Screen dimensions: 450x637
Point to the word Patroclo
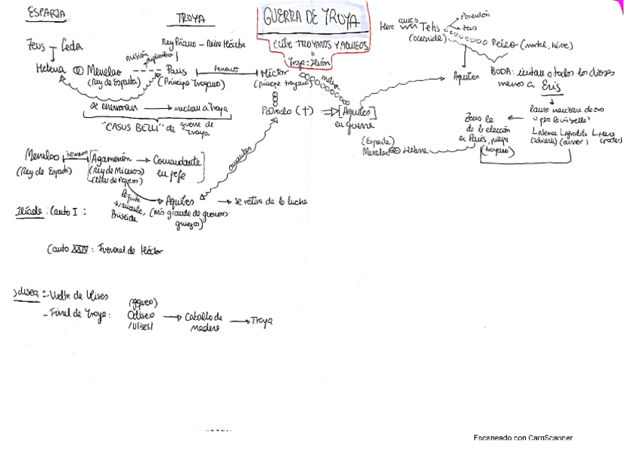point(271,110)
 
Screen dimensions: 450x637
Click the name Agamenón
point(114,159)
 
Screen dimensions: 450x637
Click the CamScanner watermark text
point(524,437)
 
